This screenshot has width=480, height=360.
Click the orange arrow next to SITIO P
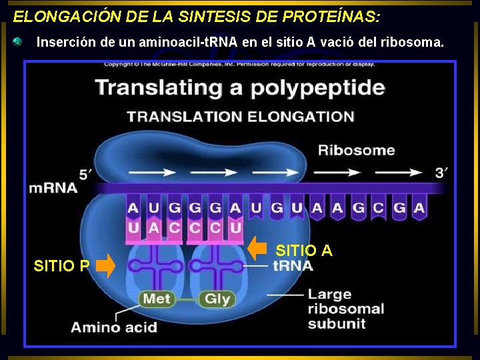(105, 267)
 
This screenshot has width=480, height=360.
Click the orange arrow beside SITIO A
(257, 248)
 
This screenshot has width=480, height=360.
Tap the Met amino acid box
(157, 299)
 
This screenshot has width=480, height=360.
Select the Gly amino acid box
(217, 299)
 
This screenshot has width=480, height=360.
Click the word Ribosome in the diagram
(356, 150)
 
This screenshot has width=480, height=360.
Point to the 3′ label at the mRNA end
(441, 173)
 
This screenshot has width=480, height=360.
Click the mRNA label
(53, 188)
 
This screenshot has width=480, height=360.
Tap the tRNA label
(293, 266)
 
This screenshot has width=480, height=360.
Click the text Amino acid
(114, 327)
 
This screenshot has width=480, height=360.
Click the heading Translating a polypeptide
(240, 87)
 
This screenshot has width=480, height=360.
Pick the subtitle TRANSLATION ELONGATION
(240, 117)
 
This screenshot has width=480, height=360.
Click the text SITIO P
(61, 267)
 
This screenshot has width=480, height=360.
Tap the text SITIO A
(304, 251)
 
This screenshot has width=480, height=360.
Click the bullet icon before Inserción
(18, 42)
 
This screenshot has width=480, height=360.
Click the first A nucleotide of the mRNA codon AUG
(133, 208)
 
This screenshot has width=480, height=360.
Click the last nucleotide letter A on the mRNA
(419, 208)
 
